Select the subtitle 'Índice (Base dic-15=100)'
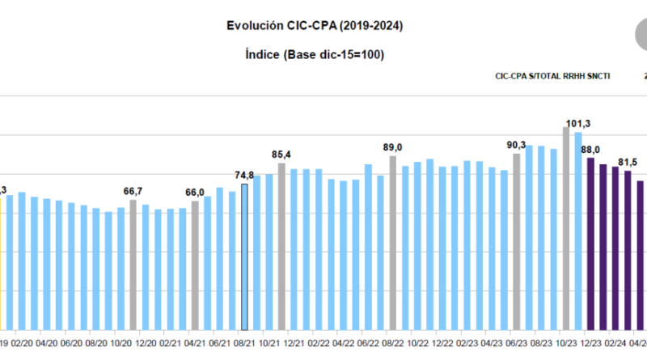(x=315, y=54)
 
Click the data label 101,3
(x=578, y=124)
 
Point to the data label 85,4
(x=281, y=154)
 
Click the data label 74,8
(x=244, y=175)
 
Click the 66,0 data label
(x=195, y=192)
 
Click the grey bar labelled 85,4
(x=281, y=247)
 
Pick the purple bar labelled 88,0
(x=591, y=244)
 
